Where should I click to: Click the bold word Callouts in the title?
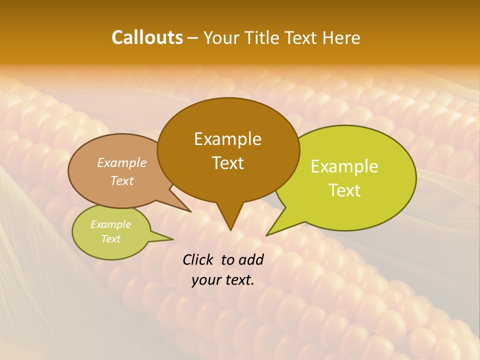click(x=147, y=37)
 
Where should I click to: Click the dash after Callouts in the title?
click(x=193, y=38)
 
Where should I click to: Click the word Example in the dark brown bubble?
click(x=227, y=139)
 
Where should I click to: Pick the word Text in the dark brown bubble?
click(x=227, y=163)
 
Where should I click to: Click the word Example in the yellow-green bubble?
click(x=344, y=166)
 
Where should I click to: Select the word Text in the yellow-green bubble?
click(x=344, y=190)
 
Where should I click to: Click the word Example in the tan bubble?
click(x=122, y=162)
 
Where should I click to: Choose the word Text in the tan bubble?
click(x=122, y=180)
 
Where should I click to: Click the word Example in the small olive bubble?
click(x=110, y=224)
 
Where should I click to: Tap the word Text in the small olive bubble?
click(x=110, y=239)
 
